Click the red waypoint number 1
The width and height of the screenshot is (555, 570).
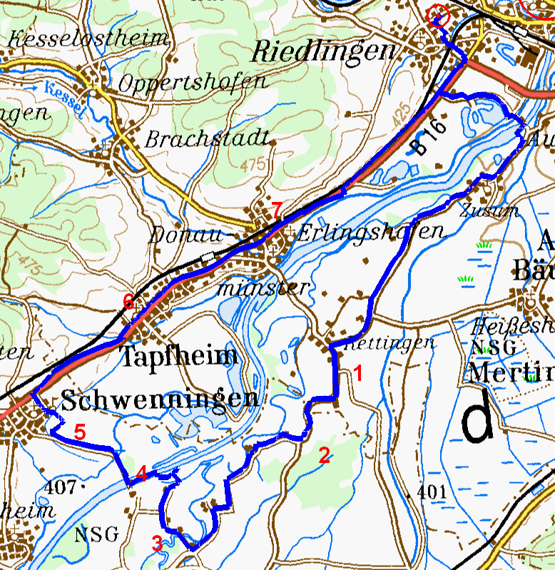359,372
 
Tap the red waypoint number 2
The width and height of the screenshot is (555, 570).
324,456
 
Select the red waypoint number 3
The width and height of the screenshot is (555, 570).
157,544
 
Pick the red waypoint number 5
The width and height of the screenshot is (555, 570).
79,432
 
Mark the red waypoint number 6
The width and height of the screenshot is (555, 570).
128,302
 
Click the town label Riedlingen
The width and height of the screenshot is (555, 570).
324,51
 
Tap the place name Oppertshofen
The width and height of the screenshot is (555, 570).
192,83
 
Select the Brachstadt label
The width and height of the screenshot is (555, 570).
206,138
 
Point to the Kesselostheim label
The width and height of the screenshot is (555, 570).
88,38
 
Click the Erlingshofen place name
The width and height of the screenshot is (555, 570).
370,232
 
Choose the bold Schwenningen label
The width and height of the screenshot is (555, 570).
160,399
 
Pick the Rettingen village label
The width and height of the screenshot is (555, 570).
390,343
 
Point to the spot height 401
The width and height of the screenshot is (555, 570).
432,492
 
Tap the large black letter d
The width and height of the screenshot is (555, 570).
477,419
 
